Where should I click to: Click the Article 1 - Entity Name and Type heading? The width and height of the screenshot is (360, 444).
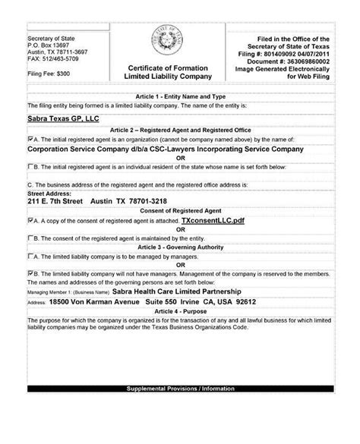pos(179,97)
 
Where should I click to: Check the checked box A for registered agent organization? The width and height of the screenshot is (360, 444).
pos(30,140)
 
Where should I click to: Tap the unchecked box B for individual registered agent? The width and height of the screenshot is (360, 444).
pos(30,166)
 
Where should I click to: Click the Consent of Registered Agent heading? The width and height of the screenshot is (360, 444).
pos(179,209)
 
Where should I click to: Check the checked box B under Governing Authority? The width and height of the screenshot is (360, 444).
pos(30,271)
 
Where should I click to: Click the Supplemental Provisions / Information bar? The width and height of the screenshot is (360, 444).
pos(179,433)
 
